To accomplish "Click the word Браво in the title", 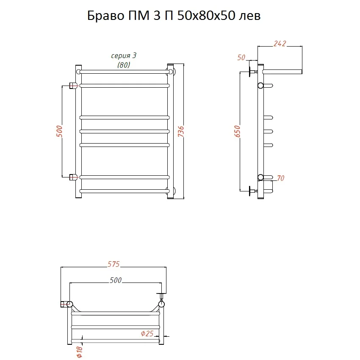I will (105, 16).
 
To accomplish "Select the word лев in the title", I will (249, 16).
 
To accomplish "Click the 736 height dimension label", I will (181, 131).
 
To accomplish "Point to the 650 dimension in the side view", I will (237, 131).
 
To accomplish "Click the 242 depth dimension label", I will (280, 43).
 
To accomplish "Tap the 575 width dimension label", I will (114, 264).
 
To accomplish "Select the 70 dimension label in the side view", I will (280, 178).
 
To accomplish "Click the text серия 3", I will (124, 56).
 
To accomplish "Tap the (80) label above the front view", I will (123, 65).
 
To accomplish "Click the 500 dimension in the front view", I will (59, 131).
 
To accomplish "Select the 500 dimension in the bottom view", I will (116, 280).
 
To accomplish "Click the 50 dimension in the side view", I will (241, 58).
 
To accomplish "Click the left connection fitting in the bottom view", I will (66, 304).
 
